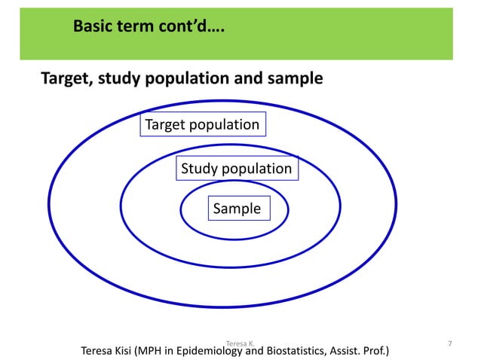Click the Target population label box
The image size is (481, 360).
coord(202,125)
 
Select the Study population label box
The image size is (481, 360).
coord(237,169)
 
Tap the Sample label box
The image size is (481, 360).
coord(237,209)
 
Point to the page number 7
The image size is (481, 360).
coord(450,344)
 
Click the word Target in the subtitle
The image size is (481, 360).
coord(64,78)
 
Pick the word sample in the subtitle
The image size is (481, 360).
coord(297,78)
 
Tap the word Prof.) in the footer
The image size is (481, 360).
coord(384,352)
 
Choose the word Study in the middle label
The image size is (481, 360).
coord(198,169)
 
